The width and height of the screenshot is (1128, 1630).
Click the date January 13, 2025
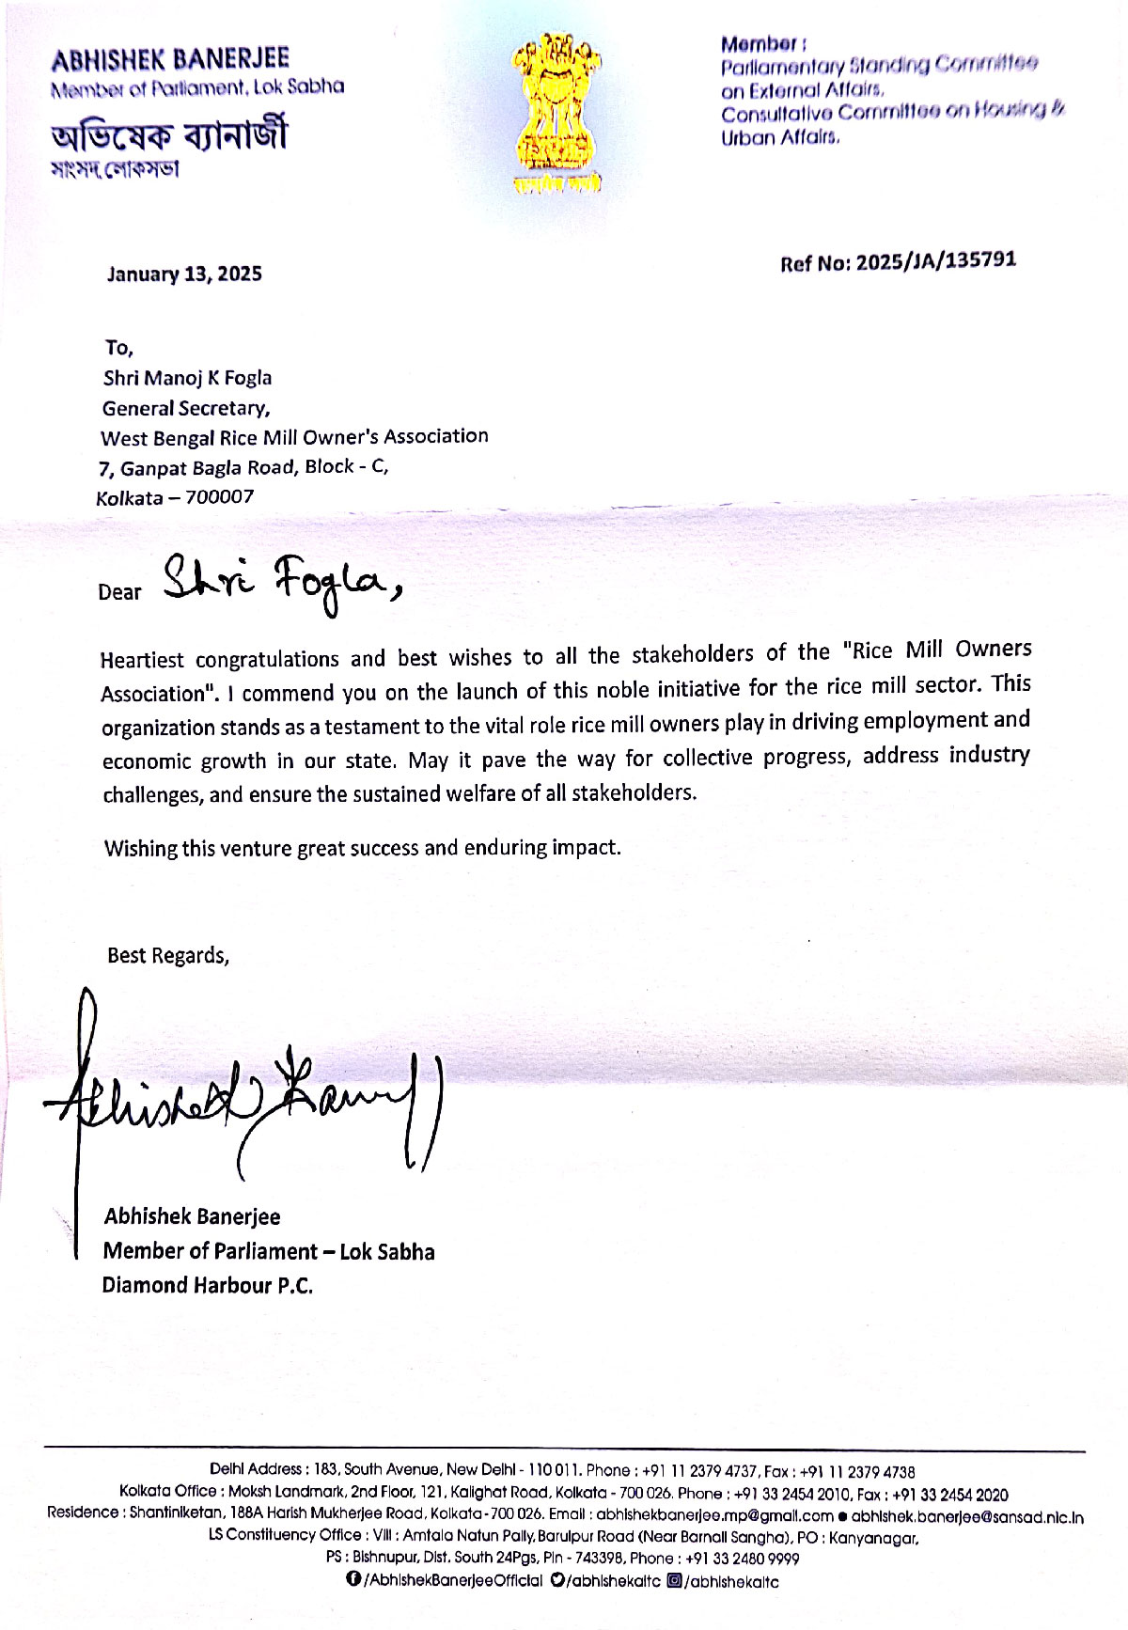point(184,274)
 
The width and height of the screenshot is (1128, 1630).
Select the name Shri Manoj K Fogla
point(187,378)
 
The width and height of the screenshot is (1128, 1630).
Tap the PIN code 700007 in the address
point(219,497)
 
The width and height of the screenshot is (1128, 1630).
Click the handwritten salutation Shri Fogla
point(282,583)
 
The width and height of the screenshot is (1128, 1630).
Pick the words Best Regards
point(167,956)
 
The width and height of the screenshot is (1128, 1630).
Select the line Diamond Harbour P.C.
point(207,1286)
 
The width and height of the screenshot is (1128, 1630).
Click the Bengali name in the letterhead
point(169,136)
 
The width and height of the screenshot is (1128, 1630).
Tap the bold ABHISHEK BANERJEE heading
point(170,60)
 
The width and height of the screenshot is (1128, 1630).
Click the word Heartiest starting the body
point(142,660)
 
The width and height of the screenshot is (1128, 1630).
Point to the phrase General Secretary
point(186,409)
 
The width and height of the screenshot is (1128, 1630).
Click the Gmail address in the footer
point(714,1516)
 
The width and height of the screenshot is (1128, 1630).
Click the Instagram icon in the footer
point(674,1580)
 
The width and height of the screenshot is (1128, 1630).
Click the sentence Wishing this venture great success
point(362,848)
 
